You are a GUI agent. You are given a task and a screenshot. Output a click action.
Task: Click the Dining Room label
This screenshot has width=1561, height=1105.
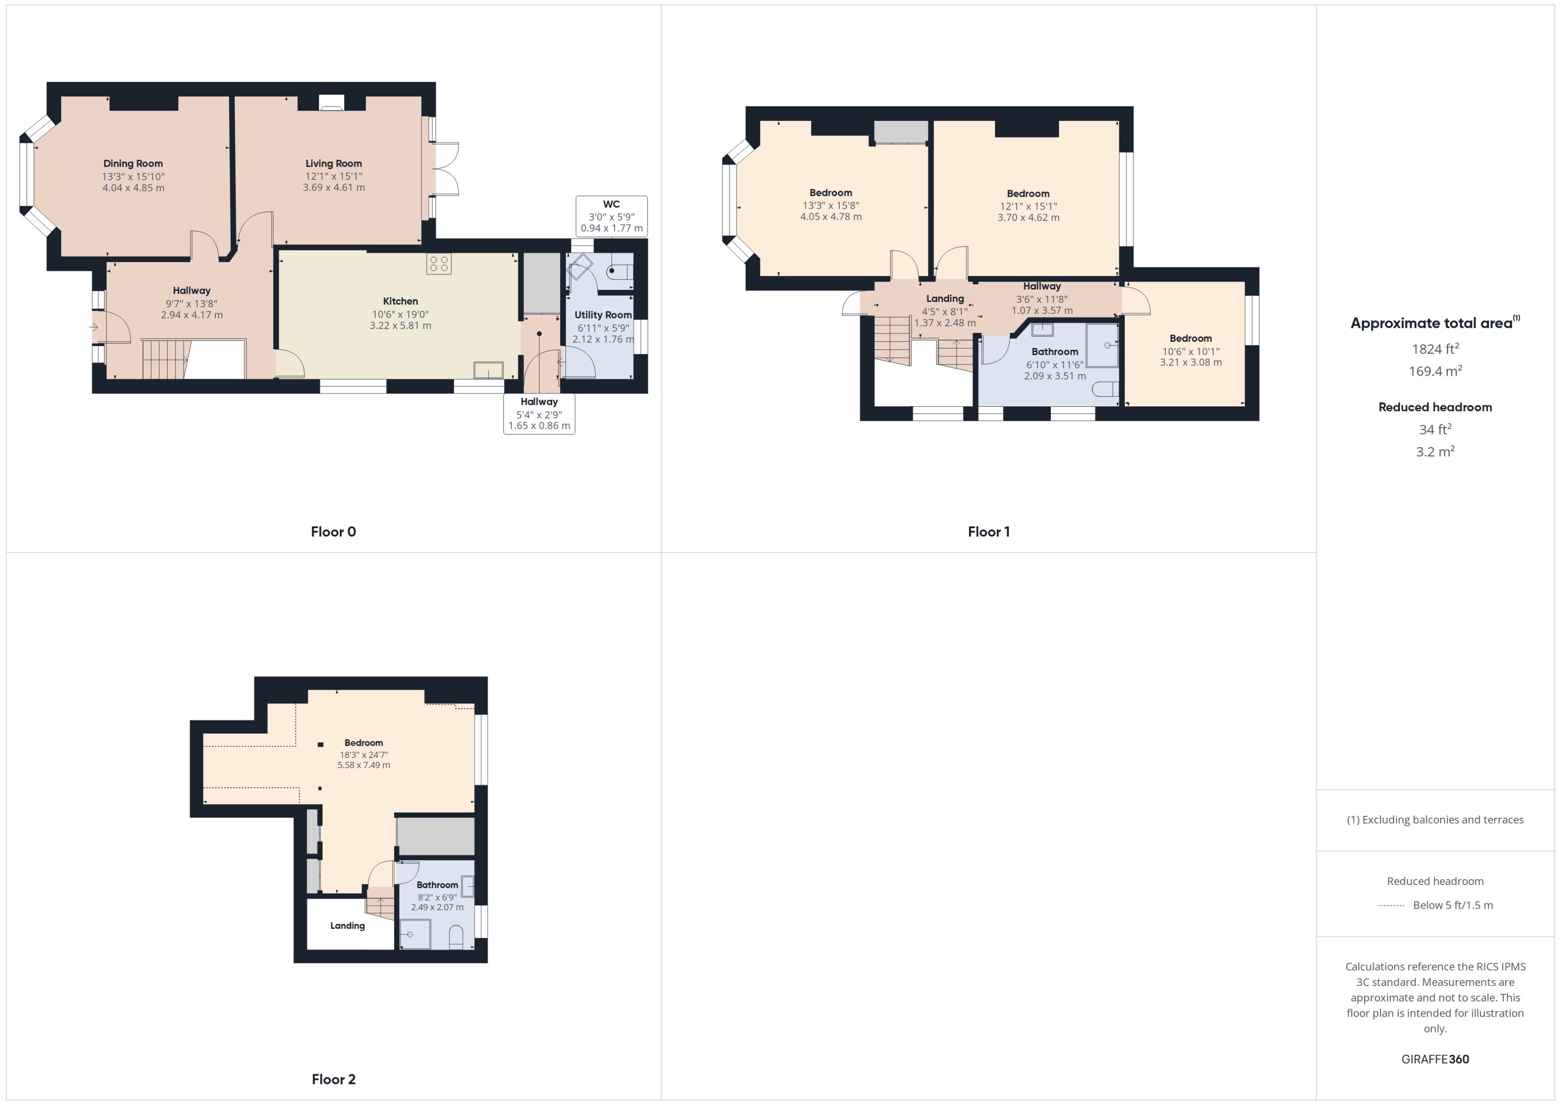pos(132,163)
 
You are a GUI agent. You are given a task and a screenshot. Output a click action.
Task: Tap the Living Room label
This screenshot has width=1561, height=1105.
pos(333,163)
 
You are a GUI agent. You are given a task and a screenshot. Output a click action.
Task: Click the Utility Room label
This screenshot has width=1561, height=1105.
pos(603,315)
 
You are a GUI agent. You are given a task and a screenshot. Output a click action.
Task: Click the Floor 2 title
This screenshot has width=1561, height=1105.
pos(333,1079)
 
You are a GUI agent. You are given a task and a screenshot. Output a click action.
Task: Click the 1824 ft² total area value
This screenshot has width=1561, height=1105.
pos(1435,349)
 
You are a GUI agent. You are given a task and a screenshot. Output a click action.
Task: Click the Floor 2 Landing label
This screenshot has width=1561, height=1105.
pos(347,925)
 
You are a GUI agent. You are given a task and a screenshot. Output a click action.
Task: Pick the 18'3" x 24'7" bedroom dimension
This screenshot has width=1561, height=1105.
pos(364,754)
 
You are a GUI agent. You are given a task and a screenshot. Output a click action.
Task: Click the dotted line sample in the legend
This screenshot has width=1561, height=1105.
pos(1391,906)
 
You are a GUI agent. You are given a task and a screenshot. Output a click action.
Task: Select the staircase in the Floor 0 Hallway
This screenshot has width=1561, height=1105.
pos(164,359)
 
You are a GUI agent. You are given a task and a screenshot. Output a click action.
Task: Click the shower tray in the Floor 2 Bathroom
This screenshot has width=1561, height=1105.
pos(415,934)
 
